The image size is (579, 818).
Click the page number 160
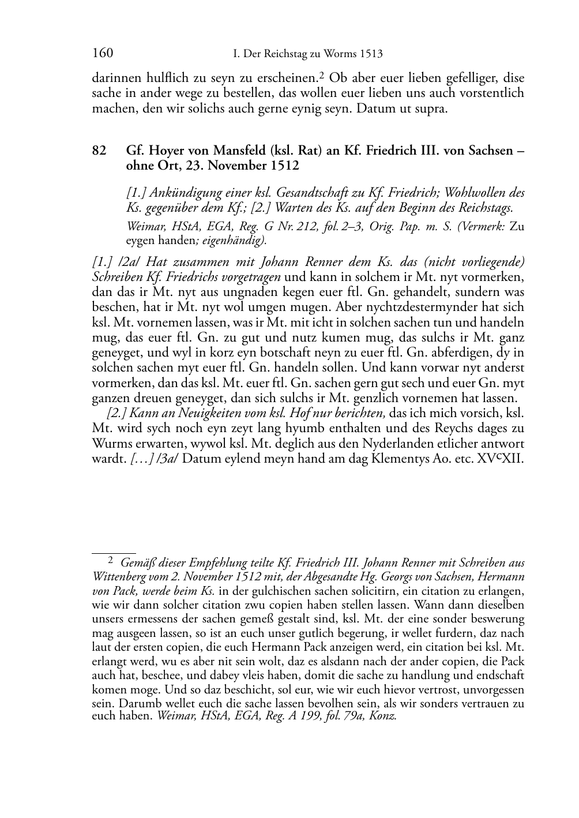(x=102, y=54)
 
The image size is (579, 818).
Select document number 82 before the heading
(x=99, y=151)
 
